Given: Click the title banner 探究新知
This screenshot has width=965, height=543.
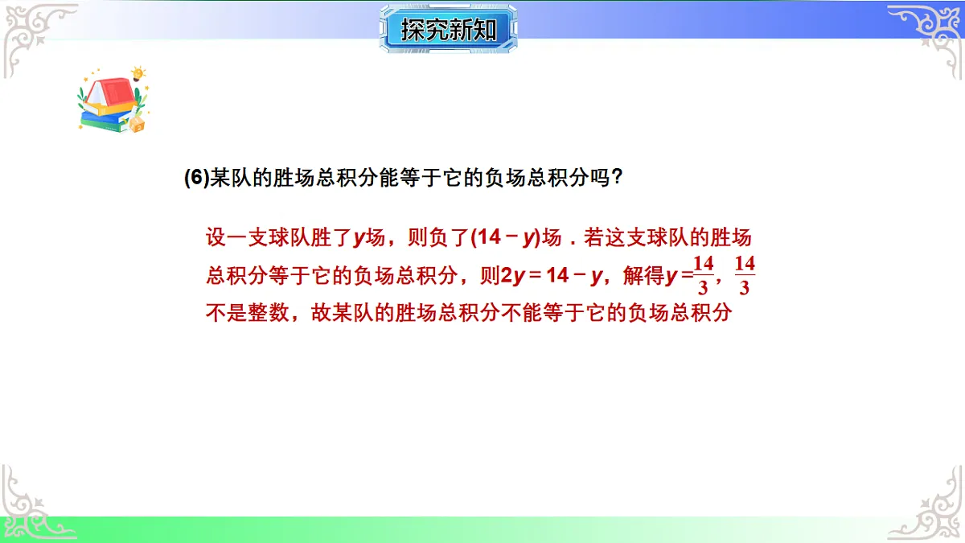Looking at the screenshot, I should pos(448,30).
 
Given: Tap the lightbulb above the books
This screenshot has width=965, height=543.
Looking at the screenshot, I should pos(138,74).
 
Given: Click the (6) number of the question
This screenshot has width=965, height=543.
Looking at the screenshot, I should pos(196,179).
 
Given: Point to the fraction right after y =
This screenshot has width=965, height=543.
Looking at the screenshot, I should pos(704,275).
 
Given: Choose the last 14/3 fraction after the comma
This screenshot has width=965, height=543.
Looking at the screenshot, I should pos(745,275).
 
